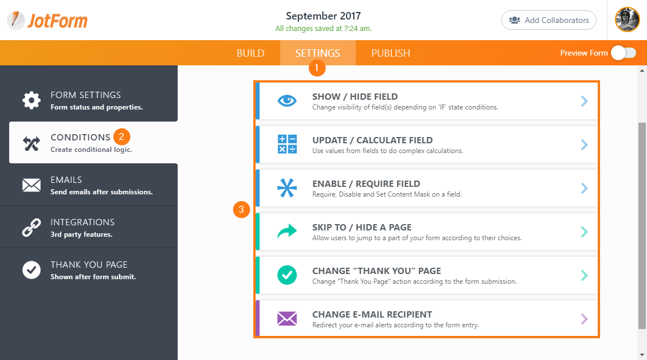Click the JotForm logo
click(x=48, y=21)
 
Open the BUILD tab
click(x=250, y=53)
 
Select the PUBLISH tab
click(x=390, y=53)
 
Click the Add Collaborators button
click(x=548, y=20)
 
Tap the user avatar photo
click(x=627, y=20)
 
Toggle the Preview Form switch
click(x=623, y=53)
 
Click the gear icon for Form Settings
click(x=32, y=100)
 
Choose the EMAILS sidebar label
click(x=66, y=180)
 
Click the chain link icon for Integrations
click(x=32, y=228)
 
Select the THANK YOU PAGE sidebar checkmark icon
click(x=32, y=270)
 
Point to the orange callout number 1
click(x=317, y=69)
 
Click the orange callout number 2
click(x=121, y=137)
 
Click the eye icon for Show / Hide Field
click(x=287, y=101)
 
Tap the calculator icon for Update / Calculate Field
click(x=287, y=144)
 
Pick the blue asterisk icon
click(x=287, y=188)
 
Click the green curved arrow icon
click(x=287, y=232)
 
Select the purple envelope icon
click(x=287, y=319)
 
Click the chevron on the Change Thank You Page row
click(x=584, y=275)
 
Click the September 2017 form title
click(x=323, y=15)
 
